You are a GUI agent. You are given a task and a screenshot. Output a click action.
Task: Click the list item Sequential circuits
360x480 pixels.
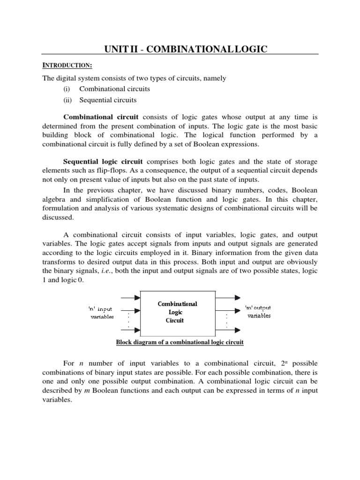pyautogui.click(x=108, y=100)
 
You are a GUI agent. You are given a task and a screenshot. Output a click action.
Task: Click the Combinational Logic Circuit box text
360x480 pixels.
pyautogui.click(x=177, y=312)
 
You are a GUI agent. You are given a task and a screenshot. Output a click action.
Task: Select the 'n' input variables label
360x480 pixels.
pyautogui.click(x=101, y=313)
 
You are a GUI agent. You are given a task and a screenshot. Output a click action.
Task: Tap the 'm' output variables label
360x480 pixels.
pyautogui.click(x=258, y=312)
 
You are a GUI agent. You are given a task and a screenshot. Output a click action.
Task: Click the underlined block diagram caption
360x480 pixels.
pyautogui.click(x=180, y=342)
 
